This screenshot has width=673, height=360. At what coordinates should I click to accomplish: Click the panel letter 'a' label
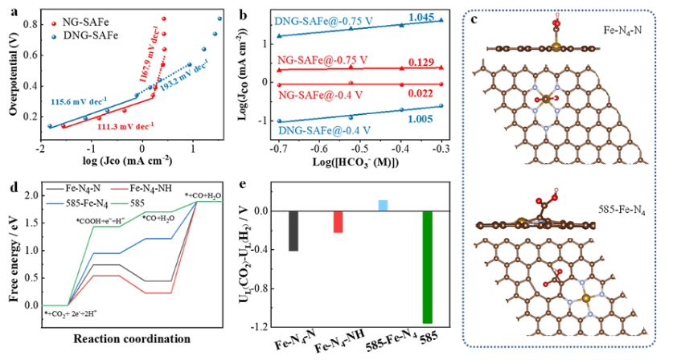coord(9,10)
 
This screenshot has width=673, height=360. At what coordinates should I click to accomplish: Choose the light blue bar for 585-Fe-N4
coord(383,206)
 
